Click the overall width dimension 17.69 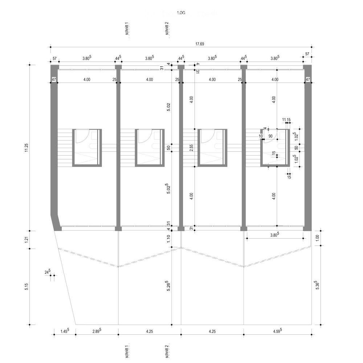click(x=200, y=44)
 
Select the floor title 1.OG click(x=181, y=13)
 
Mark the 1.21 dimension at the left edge click(x=26, y=240)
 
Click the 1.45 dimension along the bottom click(x=64, y=331)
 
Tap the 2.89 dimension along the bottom click(x=97, y=331)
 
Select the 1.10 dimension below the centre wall click(x=168, y=239)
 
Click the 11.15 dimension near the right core click(x=286, y=119)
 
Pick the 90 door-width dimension click(x=270, y=136)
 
